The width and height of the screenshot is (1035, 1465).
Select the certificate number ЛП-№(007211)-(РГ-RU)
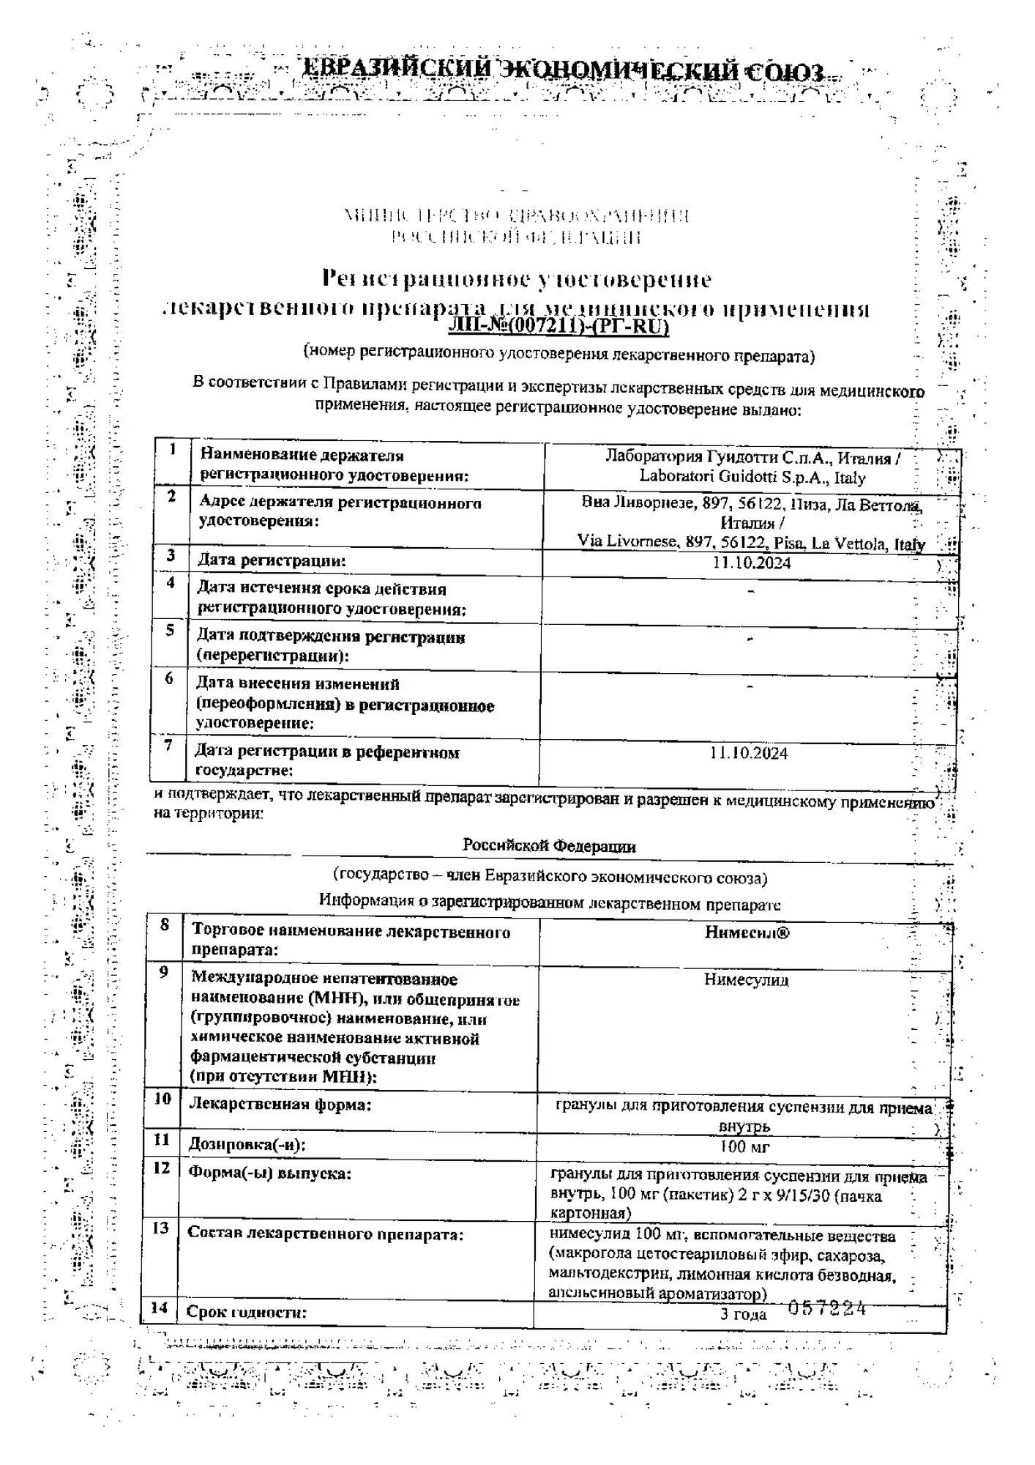pyautogui.click(x=558, y=326)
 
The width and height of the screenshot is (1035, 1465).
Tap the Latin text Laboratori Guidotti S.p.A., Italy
pyautogui.click(x=752, y=478)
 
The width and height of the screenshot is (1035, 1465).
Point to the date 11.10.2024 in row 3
pyautogui.click(x=751, y=563)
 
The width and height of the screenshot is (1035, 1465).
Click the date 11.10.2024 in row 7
pyautogui.click(x=749, y=753)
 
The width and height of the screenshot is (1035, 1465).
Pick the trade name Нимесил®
pyautogui.click(x=747, y=932)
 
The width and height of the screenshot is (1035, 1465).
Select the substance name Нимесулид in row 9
pyautogui.click(x=747, y=979)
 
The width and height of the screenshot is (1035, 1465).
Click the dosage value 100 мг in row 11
pyautogui.click(x=744, y=1146)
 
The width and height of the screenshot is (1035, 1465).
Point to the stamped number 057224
pyautogui.click(x=826, y=1308)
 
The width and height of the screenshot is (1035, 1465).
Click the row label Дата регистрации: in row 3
pyautogui.click(x=272, y=561)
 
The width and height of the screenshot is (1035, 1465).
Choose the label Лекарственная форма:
pyautogui.click(x=280, y=1104)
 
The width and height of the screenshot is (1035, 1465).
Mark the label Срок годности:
pyautogui.click(x=247, y=1312)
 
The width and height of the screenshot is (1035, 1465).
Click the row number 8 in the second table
pyautogui.click(x=165, y=925)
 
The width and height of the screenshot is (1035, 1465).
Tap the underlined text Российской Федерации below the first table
pyautogui.click(x=549, y=846)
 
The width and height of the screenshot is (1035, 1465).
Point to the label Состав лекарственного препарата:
pyautogui.click(x=326, y=1233)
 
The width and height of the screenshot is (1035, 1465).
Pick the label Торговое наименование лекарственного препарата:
pyautogui.click(x=351, y=941)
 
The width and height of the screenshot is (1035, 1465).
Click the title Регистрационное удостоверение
pyautogui.click(x=517, y=279)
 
